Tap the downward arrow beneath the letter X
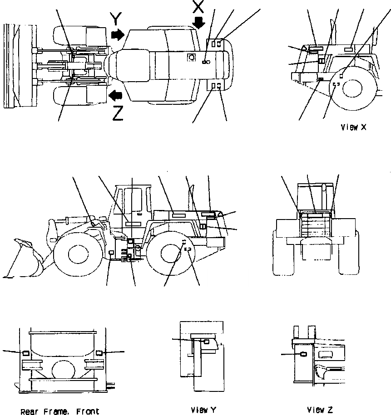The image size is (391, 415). (199, 22)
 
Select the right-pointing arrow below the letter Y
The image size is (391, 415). (118, 34)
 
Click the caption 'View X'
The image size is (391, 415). (353, 127)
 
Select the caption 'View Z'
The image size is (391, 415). (320, 410)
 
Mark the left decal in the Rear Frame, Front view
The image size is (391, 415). (26, 353)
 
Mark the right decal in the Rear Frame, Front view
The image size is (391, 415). (99, 352)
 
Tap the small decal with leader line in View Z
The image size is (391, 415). (304, 355)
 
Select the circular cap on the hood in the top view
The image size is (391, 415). (192, 58)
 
